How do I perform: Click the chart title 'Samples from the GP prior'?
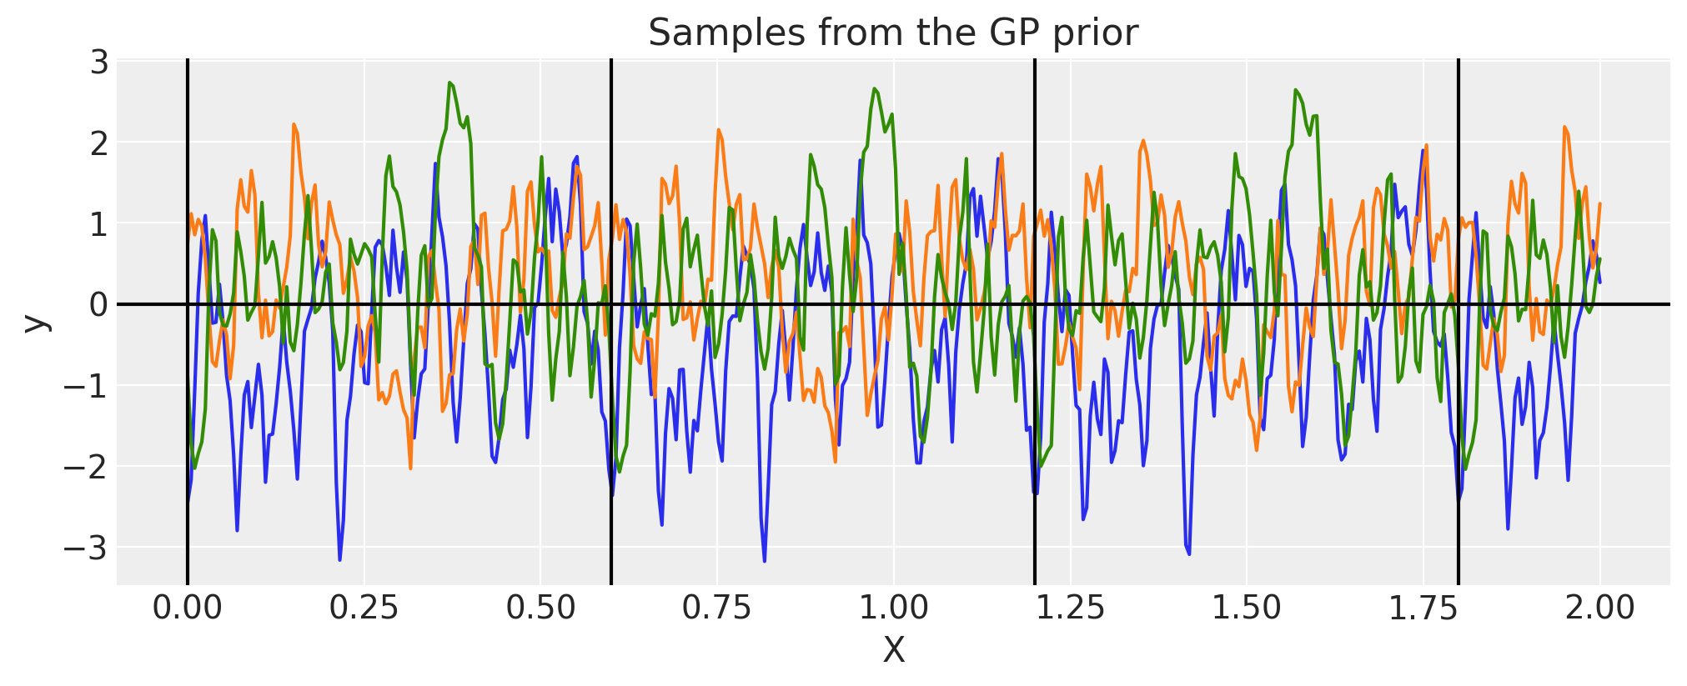(892, 33)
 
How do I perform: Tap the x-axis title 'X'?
(893, 650)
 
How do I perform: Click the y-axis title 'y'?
(36, 322)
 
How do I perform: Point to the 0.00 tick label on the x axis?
(187, 608)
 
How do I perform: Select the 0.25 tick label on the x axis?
(364, 608)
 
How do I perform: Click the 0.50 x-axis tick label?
(540, 608)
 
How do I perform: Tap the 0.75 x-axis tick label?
(716, 608)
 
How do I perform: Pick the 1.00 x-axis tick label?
(893, 608)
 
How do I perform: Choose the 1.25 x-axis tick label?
(1070, 608)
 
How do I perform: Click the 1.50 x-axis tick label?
(1246, 608)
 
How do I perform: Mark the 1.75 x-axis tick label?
(1423, 608)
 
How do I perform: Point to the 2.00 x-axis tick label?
(1599, 608)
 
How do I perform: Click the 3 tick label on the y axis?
(99, 63)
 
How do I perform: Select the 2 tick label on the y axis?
(99, 143)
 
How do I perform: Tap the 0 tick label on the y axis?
(99, 305)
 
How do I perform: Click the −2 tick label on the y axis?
(87, 467)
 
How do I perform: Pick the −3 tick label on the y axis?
(87, 548)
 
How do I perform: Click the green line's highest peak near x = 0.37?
(449, 83)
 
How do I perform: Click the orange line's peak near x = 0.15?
(294, 125)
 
